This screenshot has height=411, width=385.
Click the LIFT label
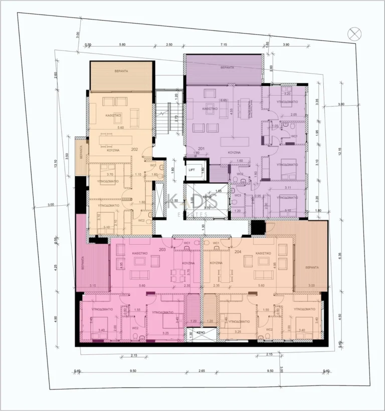click(x=191, y=170)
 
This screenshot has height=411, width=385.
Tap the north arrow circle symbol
click(x=354, y=34)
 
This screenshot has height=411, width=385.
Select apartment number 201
click(x=202, y=149)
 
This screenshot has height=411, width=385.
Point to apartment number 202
click(x=134, y=149)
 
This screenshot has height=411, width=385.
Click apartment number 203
click(x=162, y=249)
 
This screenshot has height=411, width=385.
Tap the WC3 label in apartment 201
click(x=238, y=195)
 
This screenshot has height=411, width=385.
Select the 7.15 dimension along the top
click(x=223, y=45)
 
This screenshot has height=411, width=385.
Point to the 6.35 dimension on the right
click(x=339, y=254)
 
